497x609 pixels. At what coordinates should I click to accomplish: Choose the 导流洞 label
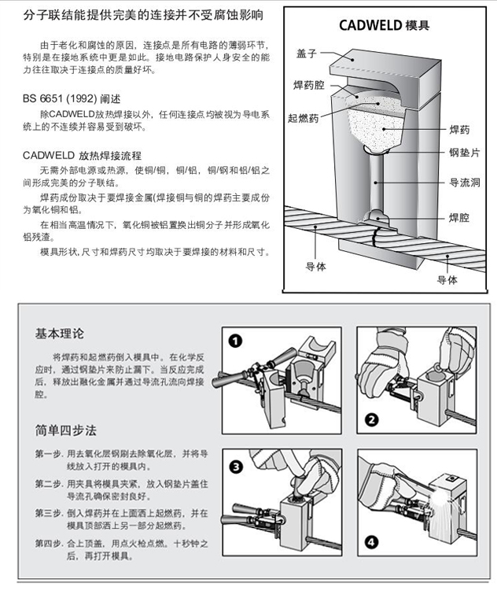[x=464, y=182]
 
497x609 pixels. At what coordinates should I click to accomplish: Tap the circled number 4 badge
[x=371, y=542]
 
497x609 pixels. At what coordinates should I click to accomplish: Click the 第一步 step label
[x=49, y=455]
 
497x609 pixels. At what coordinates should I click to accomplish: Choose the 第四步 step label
[x=49, y=543]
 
